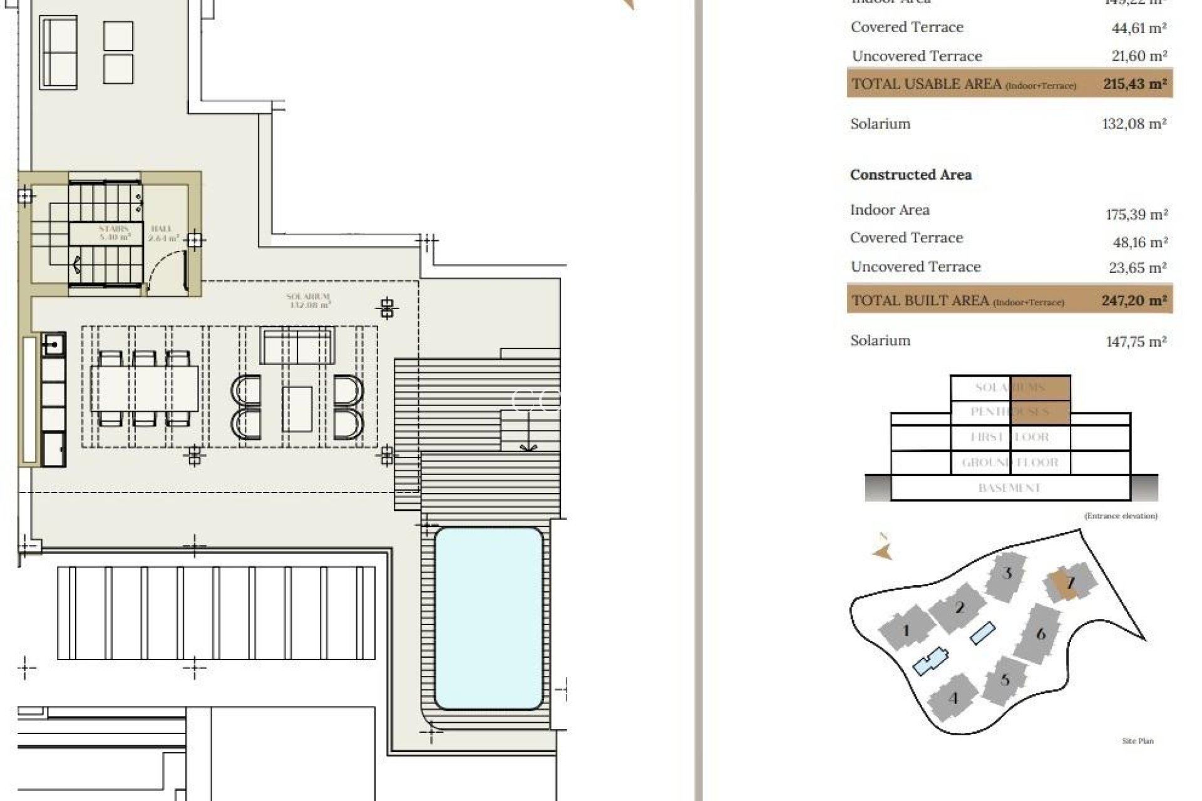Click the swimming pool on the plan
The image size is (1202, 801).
pyautogui.click(x=488, y=618)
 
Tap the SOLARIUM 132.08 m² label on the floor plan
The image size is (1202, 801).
pyautogui.click(x=309, y=300)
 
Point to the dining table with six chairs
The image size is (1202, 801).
pyautogui.click(x=145, y=389)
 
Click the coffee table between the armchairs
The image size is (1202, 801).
pyautogui.click(x=297, y=408)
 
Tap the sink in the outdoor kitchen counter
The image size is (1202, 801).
pyautogui.click(x=54, y=344)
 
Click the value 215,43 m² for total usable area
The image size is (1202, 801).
pyautogui.click(x=1134, y=84)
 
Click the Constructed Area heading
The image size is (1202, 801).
pyautogui.click(x=910, y=175)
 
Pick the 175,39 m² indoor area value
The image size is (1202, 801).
pyautogui.click(x=1136, y=215)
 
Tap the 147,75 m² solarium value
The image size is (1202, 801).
pyautogui.click(x=1136, y=342)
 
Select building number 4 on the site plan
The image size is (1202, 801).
pyautogui.click(x=953, y=698)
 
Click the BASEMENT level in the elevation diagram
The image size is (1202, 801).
pyautogui.click(x=1009, y=487)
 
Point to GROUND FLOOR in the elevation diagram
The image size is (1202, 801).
pyautogui.click(x=1009, y=462)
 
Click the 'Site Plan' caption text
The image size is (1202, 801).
pyautogui.click(x=1137, y=741)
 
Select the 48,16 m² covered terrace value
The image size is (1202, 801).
pyautogui.click(x=1136, y=242)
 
